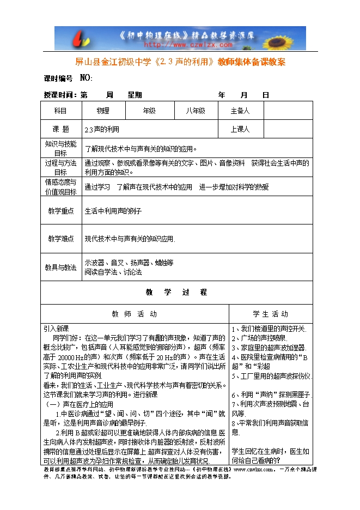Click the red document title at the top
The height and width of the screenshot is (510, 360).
coord(180,62)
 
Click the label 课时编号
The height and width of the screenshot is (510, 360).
coord(58,78)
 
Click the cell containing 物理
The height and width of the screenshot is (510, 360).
coord(103,111)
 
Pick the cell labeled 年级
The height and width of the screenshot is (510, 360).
coord(149,111)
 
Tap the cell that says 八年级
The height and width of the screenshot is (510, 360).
coord(194,111)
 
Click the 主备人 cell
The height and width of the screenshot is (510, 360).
coord(240,111)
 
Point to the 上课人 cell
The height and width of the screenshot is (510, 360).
coord(240,130)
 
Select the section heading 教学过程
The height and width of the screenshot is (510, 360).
coord(176,293)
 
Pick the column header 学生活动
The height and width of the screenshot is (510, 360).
coord(271,314)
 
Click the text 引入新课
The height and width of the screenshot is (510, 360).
coord(56,329)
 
